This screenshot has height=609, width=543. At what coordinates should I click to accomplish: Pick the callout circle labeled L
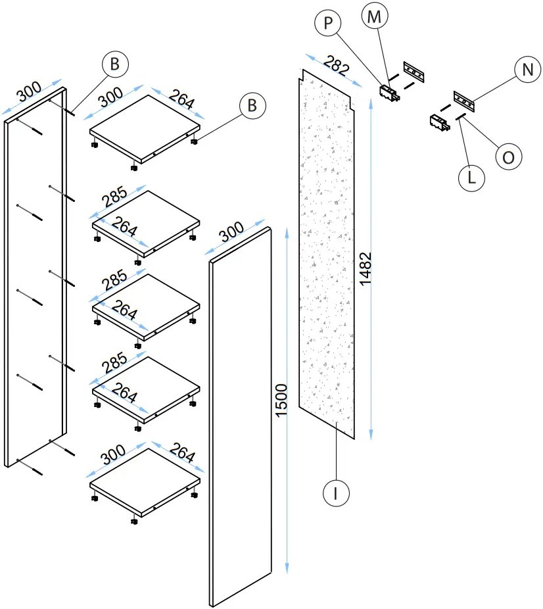pos(471,178)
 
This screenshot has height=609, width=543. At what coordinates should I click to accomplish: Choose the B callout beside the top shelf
pos(252,105)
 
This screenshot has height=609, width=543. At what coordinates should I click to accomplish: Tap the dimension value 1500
pos(281,399)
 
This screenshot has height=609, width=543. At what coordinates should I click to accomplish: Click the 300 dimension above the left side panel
pos(30,93)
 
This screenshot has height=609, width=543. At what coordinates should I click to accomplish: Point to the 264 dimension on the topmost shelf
pos(181,99)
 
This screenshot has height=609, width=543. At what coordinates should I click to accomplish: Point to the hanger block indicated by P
pos(389,91)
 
